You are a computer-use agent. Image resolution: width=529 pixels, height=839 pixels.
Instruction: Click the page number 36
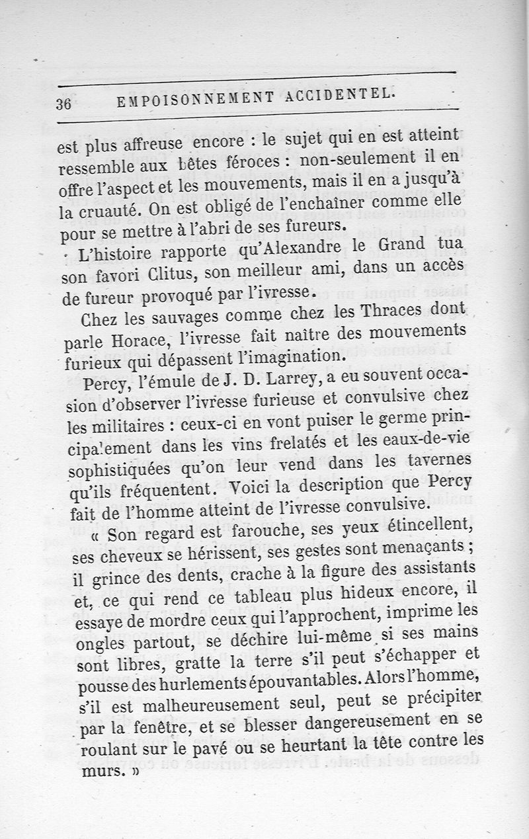[x=65, y=104]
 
